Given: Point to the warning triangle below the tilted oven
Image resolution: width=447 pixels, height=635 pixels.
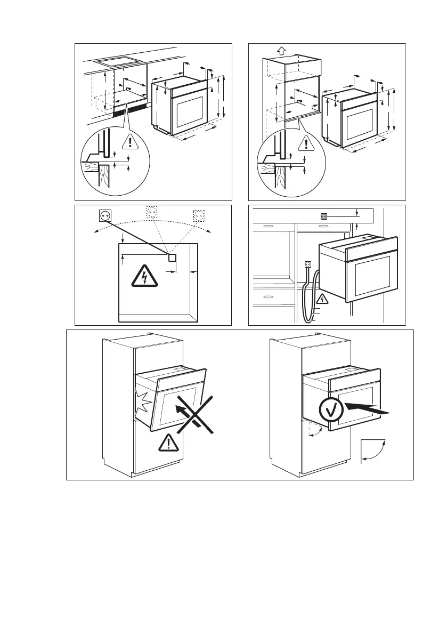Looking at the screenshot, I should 169,443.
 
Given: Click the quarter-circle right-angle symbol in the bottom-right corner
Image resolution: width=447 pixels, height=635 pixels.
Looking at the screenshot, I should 375,450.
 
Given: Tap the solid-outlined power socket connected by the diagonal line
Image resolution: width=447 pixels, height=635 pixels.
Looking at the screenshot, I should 105,215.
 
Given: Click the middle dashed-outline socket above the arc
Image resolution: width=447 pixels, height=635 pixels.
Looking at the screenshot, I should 152,213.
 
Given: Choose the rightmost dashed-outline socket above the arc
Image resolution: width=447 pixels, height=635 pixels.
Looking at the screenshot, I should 199,215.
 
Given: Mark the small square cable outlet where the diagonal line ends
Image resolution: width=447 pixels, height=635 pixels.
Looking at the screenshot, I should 172,258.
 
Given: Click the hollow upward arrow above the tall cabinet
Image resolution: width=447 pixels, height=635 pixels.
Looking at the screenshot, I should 281,51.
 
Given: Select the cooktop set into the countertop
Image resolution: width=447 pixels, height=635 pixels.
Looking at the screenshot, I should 116,61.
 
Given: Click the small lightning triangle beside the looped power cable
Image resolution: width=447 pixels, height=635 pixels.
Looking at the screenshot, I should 321,299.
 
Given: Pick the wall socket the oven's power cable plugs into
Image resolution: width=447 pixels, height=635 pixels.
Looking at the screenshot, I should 307,264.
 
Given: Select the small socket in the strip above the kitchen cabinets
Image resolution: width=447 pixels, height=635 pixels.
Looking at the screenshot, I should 323,216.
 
